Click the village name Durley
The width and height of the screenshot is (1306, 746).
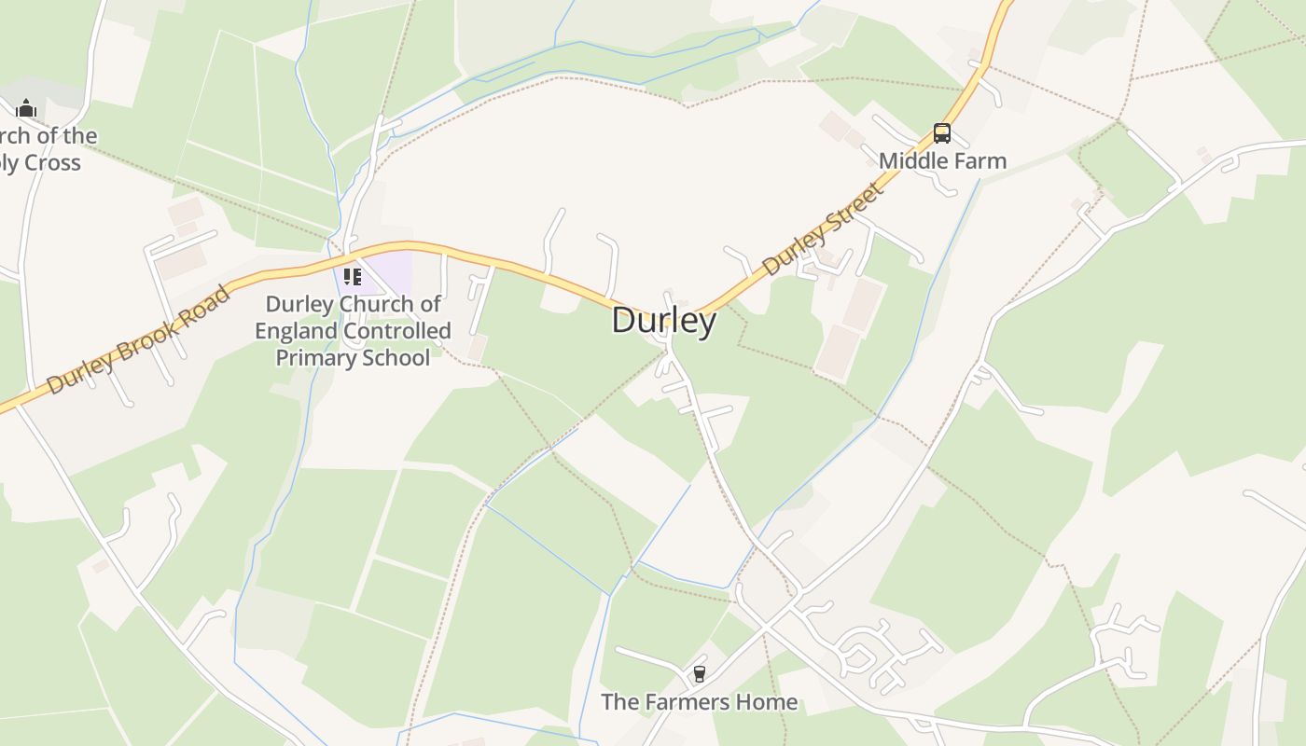[x=664, y=320]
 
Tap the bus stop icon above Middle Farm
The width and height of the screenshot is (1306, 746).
[x=942, y=133]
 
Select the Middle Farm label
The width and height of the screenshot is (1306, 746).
[x=942, y=160]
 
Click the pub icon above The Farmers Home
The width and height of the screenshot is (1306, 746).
[x=699, y=673]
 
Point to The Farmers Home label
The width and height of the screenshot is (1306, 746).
[x=699, y=701]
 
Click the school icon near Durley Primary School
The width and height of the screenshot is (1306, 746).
[x=352, y=276]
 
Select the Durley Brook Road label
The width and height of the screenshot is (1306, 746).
[x=138, y=339]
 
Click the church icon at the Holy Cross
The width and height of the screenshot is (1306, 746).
[x=26, y=108]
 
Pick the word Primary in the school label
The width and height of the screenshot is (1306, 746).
[x=315, y=357]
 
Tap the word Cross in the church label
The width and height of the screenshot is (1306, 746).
[x=52, y=163]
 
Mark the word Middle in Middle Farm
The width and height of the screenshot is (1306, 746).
[x=911, y=160]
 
